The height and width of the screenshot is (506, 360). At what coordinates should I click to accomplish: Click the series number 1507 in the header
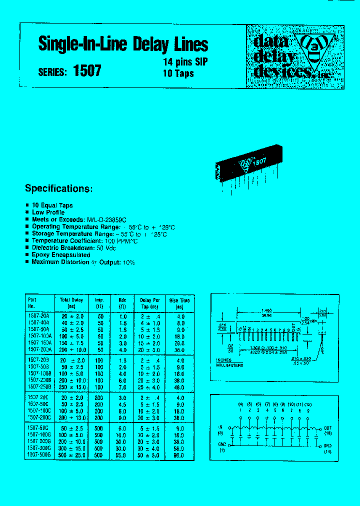click(87, 71)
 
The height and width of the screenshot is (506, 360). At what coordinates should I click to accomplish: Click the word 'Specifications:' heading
click(59, 188)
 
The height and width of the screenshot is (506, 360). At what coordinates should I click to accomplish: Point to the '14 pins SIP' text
click(185, 62)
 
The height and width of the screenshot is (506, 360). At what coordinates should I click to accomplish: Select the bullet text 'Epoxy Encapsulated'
click(61, 255)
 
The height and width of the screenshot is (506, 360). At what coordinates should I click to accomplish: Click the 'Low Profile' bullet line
click(48, 212)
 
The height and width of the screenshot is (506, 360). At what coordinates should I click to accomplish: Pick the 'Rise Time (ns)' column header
click(179, 303)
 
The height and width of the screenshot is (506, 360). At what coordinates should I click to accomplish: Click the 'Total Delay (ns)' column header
click(71, 303)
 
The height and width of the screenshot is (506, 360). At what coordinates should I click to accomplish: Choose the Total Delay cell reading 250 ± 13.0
click(73, 387)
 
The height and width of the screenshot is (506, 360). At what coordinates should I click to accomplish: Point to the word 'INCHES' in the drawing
click(223, 359)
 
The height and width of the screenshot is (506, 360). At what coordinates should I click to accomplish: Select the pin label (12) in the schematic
click(307, 403)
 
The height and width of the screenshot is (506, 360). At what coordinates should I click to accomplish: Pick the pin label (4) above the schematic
click(240, 403)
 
